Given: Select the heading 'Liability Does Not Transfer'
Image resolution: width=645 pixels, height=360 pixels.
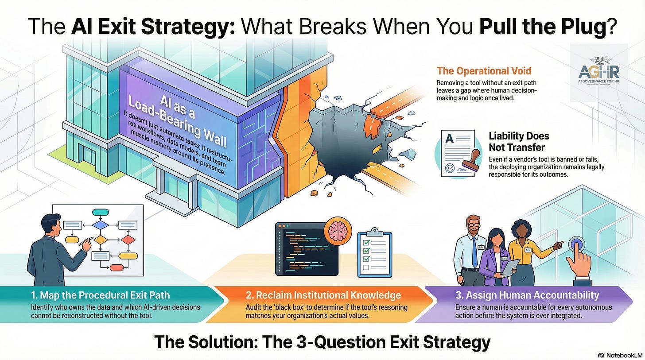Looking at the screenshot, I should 519,142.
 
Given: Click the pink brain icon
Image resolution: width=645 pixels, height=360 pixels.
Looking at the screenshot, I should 338,233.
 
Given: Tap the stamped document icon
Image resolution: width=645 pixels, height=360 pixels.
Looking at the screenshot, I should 458,153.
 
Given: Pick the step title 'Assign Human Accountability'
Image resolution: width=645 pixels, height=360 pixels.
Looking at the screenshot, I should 527,295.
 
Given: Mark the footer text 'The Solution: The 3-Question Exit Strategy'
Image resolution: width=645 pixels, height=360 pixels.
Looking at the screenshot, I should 322,342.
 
